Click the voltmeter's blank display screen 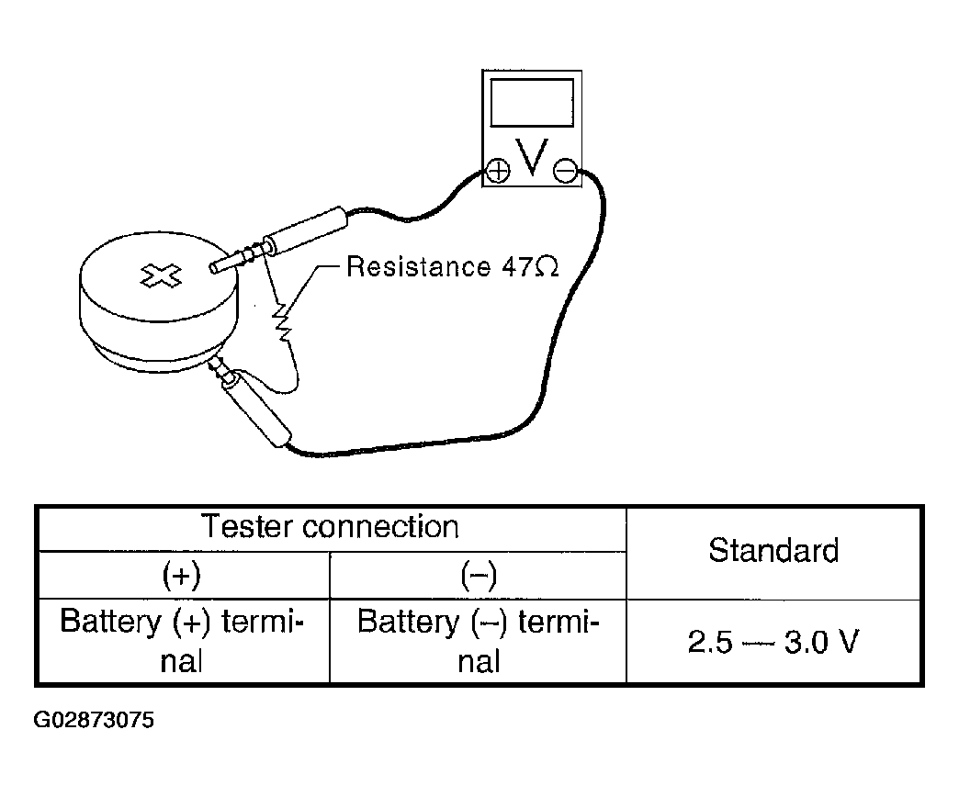(x=532, y=103)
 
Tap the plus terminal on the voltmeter (x=498, y=171)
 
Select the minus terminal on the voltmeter (x=565, y=171)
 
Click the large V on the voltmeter (x=531, y=157)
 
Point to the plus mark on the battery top (x=161, y=275)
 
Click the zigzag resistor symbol (x=282, y=320)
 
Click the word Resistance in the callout (x=418, y=266)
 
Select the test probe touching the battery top (x=278, y=241)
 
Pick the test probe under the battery (x=250, y=403)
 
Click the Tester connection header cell (x=331, y=527)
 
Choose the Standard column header (x=773, y=551)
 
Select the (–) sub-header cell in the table (x=479, y=575)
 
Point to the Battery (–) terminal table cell (x=479, y=641)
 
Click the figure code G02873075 (x=94, y=720)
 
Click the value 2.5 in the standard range (x=710, y=643)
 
